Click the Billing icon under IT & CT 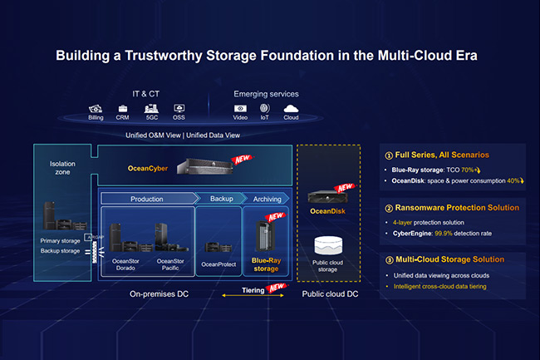[x=96, y=108]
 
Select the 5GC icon [x=151, y=108]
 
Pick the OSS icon [x=179, y=108]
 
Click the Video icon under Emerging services [x=240, y=108]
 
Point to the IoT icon [x=265, y=108]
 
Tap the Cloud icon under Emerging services [x=291, y=108]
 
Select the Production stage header [x=147, y=200]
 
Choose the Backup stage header [x=220, y=200]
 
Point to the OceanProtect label [x=219, y=264]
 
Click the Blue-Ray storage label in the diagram [x=264, y=264]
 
